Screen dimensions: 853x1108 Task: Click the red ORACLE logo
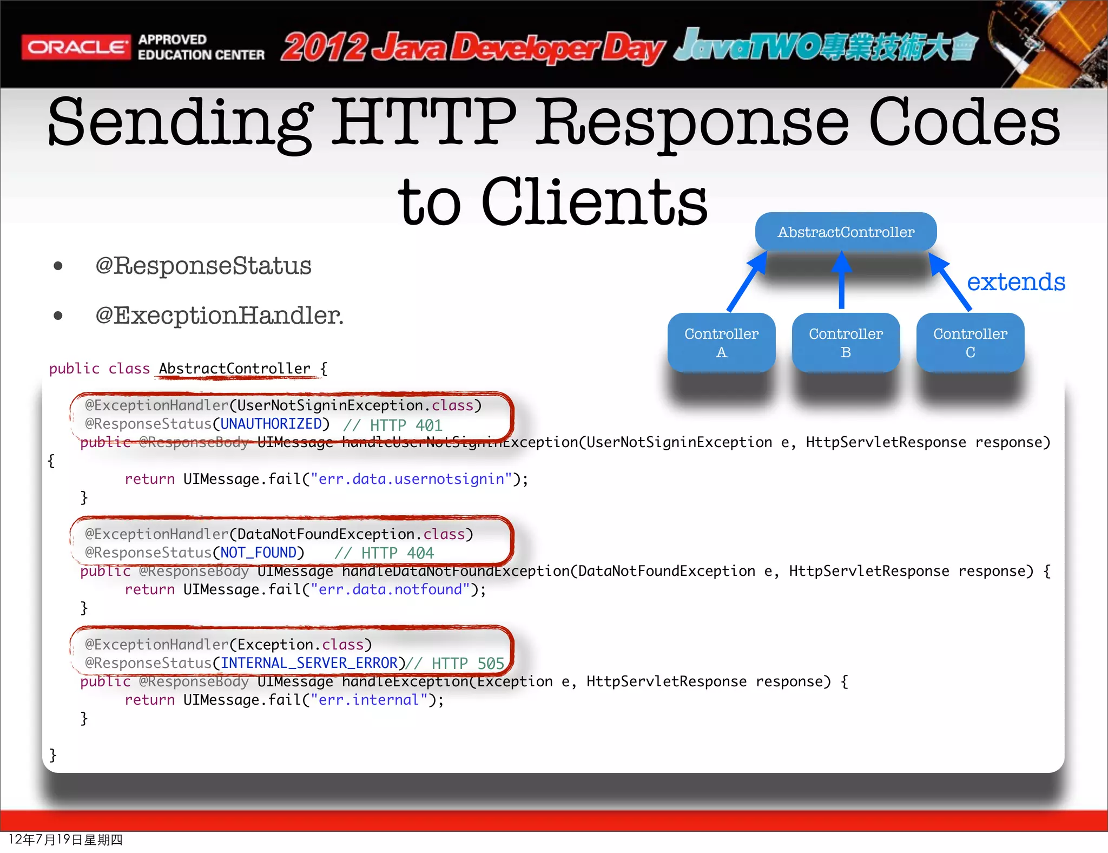(x=76, y=47)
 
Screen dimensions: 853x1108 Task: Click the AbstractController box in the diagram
(x=846, y=232)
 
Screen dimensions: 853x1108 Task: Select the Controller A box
(x=721, y=342)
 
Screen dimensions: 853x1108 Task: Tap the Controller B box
(x=846, y=342)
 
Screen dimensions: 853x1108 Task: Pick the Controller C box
(x=970, y=342)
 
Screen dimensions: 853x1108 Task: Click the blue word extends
(x=1015, y=282)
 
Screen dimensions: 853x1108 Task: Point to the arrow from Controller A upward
(x=747, y=283)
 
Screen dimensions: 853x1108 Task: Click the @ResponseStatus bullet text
(x=203, y=266)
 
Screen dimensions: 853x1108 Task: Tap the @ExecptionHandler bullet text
(x=219, y=316)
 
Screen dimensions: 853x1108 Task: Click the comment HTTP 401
(x=393, y=425)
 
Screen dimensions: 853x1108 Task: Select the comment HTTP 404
(x=385, y=553)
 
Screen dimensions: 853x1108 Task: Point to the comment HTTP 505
(x=455, y=664)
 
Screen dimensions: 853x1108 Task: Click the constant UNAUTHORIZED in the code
(x=271, y=424)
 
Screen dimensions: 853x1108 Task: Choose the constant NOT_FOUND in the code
(x=259, y=553)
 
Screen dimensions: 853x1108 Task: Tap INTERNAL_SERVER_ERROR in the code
(x=309, y=663)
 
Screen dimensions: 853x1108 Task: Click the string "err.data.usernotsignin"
(x=411, y=479)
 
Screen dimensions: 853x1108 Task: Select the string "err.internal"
(x=369, y=700)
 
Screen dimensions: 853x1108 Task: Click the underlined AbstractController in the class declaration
(x=235, y=369)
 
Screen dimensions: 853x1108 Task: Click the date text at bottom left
(x=65, y=839)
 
